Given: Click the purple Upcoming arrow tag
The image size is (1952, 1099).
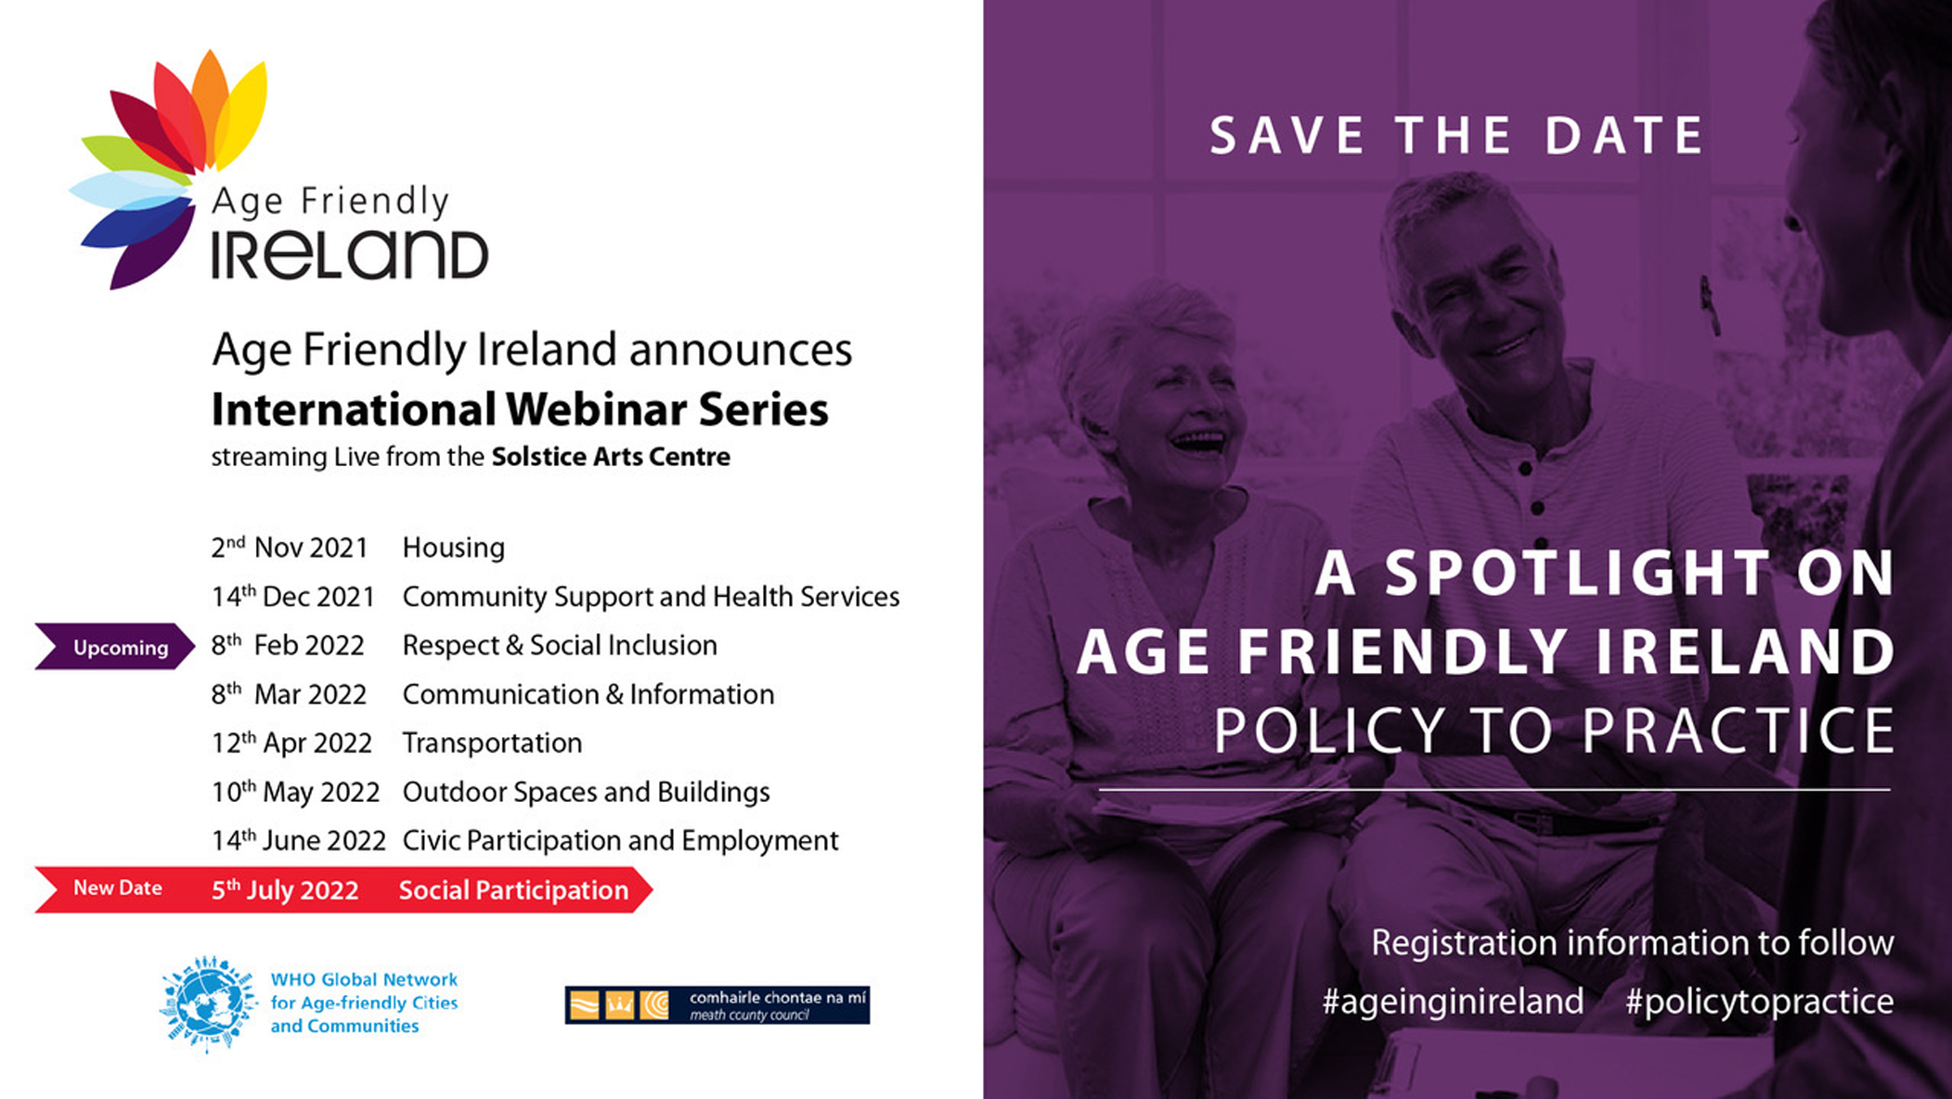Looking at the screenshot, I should (x=115, y=647).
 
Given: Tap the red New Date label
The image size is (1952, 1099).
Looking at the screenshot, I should (x=118, y=888).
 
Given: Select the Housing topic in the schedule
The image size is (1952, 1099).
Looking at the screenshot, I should (x=453, y=548).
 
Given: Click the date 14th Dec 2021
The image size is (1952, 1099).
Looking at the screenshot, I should (x=292, y=596).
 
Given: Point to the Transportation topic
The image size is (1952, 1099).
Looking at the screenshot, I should (x=492, y=743).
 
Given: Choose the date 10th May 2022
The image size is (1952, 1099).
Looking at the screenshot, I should (x=295, y=792).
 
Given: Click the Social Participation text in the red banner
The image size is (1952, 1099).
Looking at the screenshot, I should (x=513, y=890).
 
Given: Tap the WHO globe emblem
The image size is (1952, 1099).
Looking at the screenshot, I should (x=208, y=1003).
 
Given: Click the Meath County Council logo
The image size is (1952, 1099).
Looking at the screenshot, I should (x=717, y=1004).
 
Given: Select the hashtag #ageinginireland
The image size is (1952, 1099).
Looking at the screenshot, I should (x=1453, y=1002).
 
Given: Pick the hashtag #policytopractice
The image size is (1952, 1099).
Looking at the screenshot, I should (x=1759, y=1002).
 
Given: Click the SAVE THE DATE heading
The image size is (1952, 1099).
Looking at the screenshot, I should (x=1456, y=136).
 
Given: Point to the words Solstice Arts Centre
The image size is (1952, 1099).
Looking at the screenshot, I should (x=611, y=457).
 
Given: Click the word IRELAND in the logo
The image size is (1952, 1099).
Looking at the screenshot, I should (x=349, y=255).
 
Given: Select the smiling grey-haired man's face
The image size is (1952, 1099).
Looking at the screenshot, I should (x=1476, y=288).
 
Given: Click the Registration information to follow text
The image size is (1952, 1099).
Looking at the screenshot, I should (x=1632, y=943).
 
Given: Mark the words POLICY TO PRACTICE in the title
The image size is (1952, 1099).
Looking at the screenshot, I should (x=1554, y=731).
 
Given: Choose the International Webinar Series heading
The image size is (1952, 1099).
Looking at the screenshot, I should (x=520, y=409).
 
